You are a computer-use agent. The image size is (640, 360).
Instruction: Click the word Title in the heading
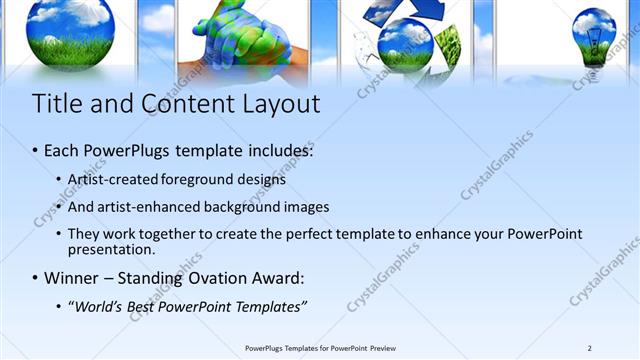tap(54, 104)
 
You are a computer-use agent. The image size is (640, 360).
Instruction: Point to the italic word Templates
tap(267, 305)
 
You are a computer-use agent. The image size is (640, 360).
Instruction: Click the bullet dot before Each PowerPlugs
tap(35, 152)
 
